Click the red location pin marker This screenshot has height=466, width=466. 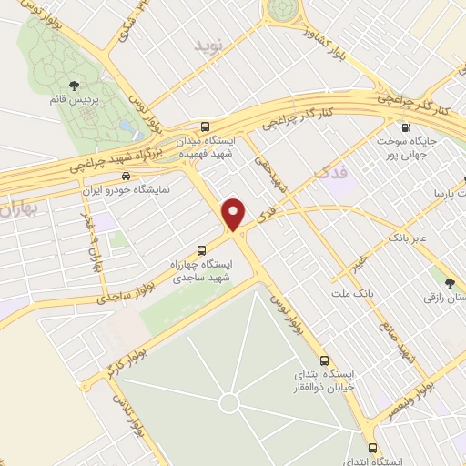coord(234,214)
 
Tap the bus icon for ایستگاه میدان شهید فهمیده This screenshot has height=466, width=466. coord(207,128)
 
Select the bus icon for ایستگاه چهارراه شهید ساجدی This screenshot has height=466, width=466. coord(201,250)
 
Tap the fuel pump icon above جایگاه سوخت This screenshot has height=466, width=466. coord(405,128)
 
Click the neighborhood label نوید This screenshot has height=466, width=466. coord(208,44)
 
